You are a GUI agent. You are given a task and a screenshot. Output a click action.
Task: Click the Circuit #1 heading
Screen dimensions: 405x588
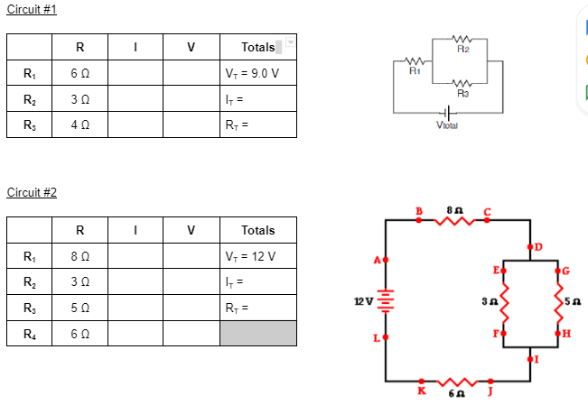coord(31,8)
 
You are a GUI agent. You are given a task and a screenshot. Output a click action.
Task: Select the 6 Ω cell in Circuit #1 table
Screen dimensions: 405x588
coord(79,73)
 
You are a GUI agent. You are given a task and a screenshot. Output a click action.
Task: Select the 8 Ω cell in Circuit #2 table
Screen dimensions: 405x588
coord(79,256)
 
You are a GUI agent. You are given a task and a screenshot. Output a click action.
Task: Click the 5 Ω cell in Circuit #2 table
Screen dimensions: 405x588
coord(79,307)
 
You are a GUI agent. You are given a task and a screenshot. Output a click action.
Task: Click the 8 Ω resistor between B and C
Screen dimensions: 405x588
coord(452,218)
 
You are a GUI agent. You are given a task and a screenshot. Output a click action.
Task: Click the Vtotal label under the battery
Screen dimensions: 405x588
coord(446,125)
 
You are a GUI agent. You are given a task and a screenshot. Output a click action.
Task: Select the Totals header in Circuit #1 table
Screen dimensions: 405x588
coord(258,47)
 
